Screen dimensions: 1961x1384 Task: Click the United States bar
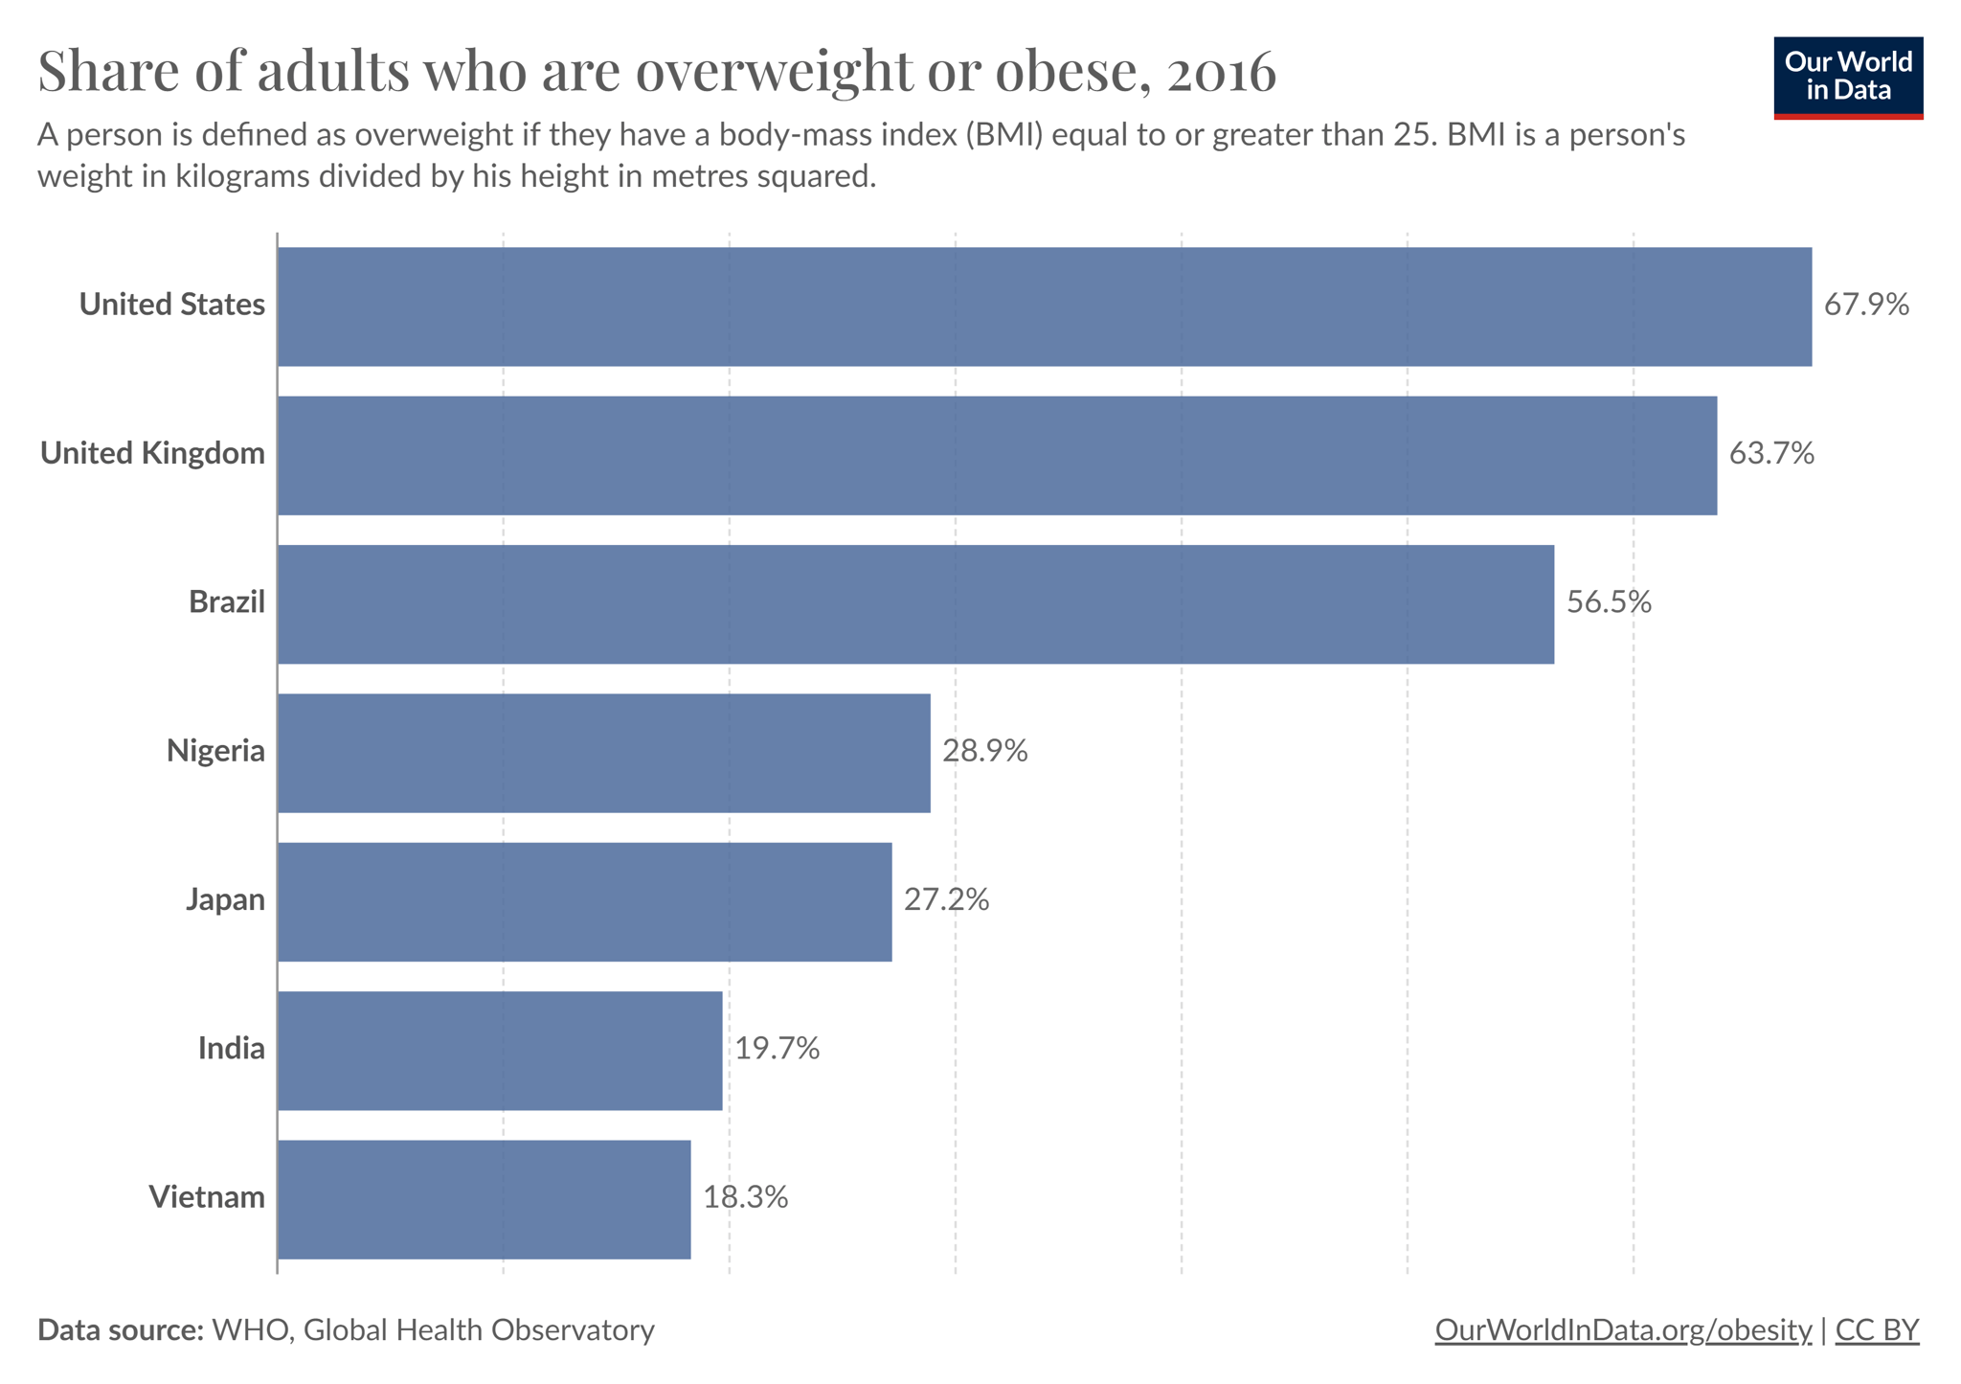click(x=1045, y=306)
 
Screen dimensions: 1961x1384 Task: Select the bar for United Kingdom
click(x=997, y=455)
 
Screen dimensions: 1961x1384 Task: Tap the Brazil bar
click(x=915, y=604)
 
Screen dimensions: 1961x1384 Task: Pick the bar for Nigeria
click(x=604, y=753)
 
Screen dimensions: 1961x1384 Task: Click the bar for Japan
click(x=585, y=901)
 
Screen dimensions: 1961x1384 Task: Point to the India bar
click(x=500, y=1051)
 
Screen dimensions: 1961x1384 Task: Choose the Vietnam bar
click(x=485, y=1199)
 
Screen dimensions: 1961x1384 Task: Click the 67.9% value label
click(x=1866, y=305)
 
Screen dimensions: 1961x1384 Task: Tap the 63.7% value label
click(x=1771, y=453)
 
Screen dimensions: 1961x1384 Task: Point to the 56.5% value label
click(x=1609, y=601)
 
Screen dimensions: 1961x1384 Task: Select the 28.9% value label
click(x=984, y=751)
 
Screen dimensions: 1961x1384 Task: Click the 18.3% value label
click(x=745, y=1197)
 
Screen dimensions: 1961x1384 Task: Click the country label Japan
click(x=225, y=899)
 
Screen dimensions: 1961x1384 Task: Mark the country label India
click(x=231, y=1048)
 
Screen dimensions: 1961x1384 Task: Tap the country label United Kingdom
click(x=152, y=453)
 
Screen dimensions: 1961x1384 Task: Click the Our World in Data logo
click(x=1848, y=78)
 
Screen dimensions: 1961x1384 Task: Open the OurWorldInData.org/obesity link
click(x=1623, y=1330)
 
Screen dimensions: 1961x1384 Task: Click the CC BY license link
click(x=1877, y=1330)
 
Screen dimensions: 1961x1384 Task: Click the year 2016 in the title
click(x=1221, y=72)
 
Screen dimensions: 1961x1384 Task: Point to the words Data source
click(x=121, y=1330)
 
